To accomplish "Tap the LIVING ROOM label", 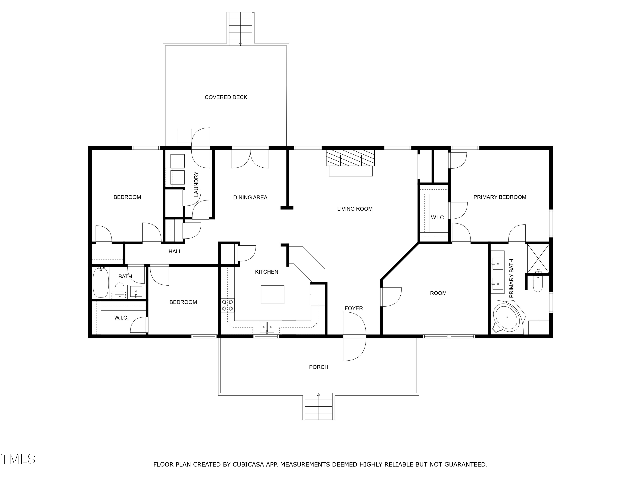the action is click(x=355, y=209).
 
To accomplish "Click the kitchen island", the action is click(x=272, y=295).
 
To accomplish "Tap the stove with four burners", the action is click(x=228, y=305).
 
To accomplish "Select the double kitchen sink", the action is click(x=267, y=327).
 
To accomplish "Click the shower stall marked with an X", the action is click(x=538, y=259).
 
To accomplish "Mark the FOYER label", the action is click(x=354, y=308).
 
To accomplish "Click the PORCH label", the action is click(x=319, y=367).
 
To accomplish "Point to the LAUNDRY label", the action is click(x=196, y=184).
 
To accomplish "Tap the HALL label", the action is click(x=175, y=252).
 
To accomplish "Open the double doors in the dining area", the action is click(x=250, y=158).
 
